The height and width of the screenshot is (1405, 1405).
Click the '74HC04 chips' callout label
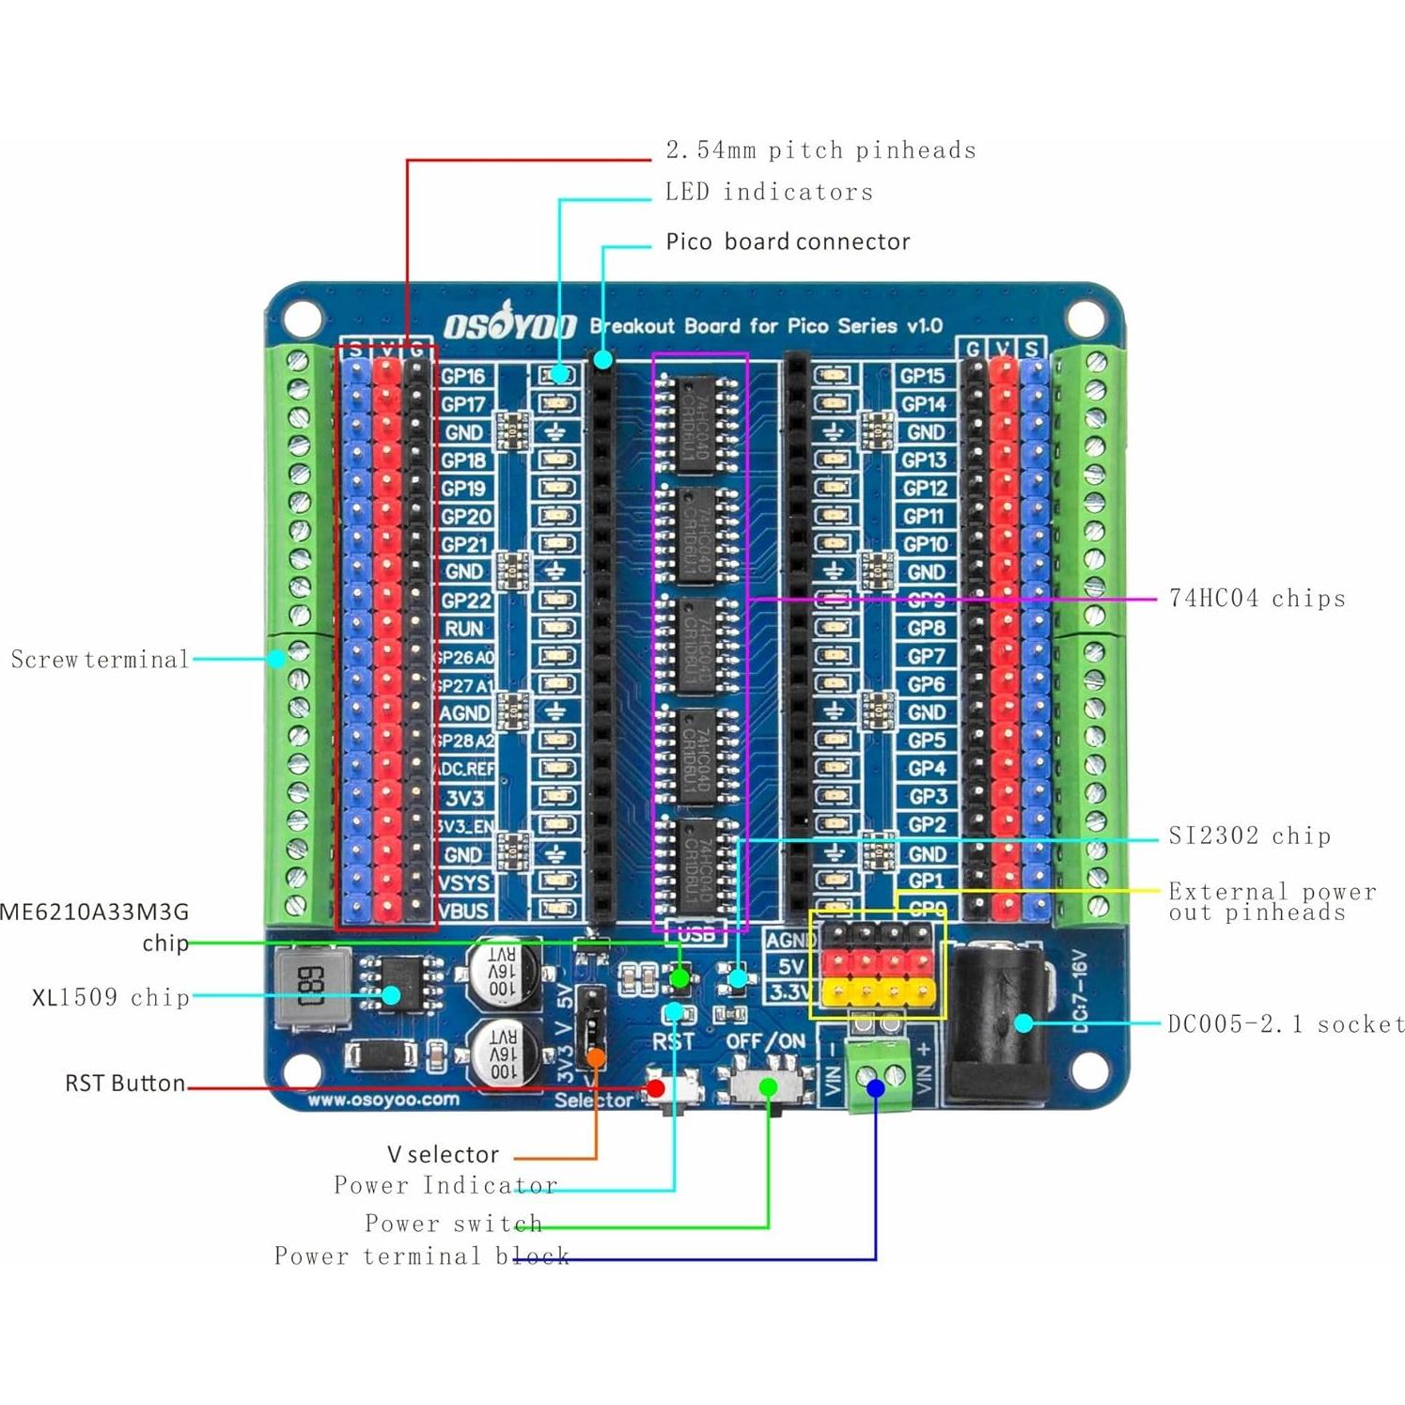(1257, 599)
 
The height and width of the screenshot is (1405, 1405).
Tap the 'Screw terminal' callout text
(100, 660)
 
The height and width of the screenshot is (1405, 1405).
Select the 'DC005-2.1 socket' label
(1285, 1024)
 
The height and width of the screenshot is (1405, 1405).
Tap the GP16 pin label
(463, 376)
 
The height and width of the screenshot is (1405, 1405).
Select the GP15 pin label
(922, 376)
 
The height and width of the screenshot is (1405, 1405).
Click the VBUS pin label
(463, 911)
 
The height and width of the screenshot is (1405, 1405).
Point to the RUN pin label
(463, 629)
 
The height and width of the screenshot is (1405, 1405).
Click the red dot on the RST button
(656, 1088)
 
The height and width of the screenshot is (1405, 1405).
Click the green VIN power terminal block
(880, 1076)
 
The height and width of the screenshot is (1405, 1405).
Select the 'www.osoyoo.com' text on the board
(383, 1100)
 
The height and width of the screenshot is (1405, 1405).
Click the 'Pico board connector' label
(788, 242)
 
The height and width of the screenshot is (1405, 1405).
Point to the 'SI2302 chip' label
(1249, 836)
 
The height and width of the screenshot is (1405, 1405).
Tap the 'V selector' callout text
(443, 1155)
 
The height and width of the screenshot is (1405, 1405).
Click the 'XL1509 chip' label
(111, 998)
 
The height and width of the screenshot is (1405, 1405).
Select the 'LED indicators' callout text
(769, 193)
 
